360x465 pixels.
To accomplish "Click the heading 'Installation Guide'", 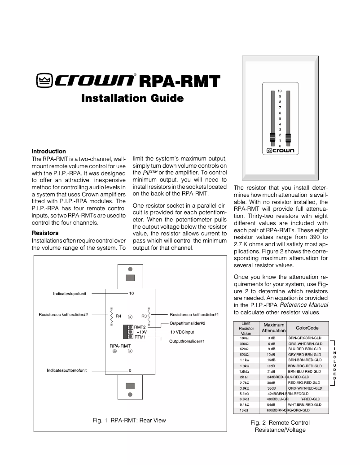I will coord(132,98).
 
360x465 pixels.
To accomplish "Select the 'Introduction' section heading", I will coord(48,152).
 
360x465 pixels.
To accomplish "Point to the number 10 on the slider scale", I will coord(280,91).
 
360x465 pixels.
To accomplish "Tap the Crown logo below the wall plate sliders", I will coord(280,151).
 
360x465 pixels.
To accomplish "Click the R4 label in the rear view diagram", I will coord(119,316).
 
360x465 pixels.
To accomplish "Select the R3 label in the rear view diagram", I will coord(144,316).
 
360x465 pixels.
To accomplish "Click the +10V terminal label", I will coord(141,332).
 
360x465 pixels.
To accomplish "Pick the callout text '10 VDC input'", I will coord(185,332).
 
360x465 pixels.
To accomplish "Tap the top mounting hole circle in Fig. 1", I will coord(130,269).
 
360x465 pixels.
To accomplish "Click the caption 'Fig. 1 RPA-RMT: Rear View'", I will coord(129,420).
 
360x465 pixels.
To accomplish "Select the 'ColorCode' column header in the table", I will coord(307,328).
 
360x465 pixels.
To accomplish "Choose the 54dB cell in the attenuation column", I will coord(271,404).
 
